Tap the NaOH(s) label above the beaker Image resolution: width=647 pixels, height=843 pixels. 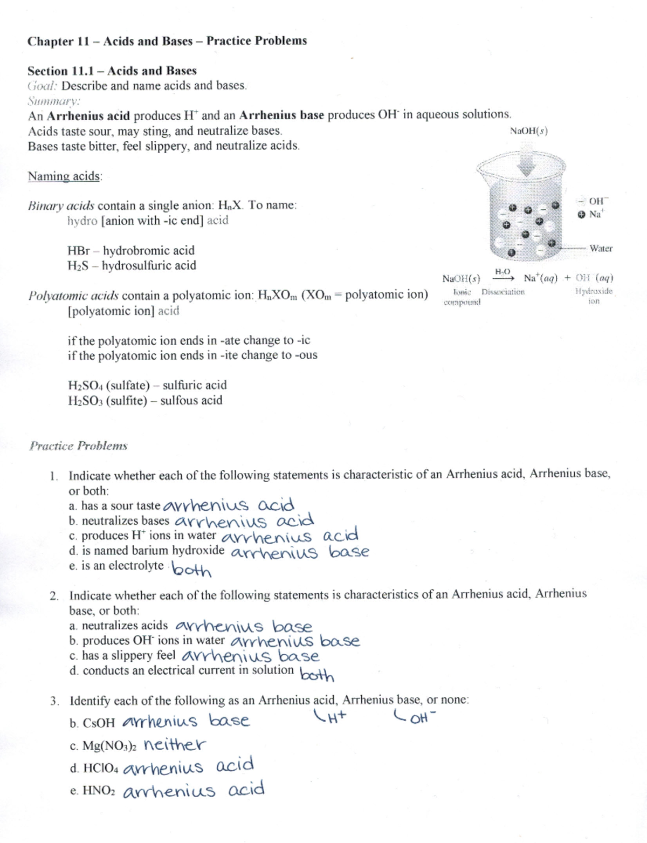528,131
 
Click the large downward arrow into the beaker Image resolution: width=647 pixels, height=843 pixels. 527,160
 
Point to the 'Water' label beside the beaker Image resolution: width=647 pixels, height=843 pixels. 601,249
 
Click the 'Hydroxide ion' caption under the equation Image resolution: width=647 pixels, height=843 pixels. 594,296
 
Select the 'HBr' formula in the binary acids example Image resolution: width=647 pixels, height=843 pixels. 78,251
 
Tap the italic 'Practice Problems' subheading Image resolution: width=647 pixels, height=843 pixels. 78,446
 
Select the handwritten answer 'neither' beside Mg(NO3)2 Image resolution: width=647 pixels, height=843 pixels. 175,745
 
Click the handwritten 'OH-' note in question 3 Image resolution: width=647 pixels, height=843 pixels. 416,718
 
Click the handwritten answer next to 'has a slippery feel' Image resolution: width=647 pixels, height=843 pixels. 251,656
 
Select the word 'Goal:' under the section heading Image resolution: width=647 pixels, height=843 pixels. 43,86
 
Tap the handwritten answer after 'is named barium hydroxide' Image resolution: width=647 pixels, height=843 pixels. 299,552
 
